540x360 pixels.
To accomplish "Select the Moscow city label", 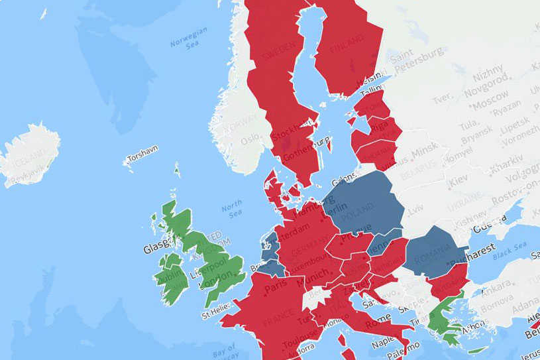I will pyautogui.click(x=471, y=103).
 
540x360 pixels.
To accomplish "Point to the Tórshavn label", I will pyautogui.click(x=142, y=160).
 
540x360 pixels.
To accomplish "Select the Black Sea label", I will pyautogui.click(x=512, y=250).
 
